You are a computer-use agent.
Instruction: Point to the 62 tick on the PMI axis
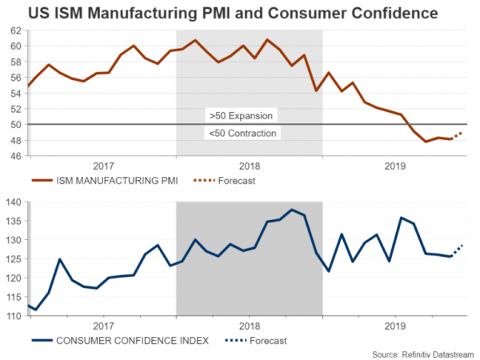click(16, 30)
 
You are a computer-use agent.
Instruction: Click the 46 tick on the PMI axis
click(16, 156)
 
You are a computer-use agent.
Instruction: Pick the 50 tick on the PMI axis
click(16, 125)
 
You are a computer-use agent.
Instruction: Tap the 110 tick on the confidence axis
click(14, 316)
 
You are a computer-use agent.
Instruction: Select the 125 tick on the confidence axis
click(14, 259)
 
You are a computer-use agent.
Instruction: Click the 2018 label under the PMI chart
click(250, 166)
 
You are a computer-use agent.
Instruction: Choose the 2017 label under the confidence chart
click(103, 326)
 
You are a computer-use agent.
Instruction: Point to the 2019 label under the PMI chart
click(395, 166)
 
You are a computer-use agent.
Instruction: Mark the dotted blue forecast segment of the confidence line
click(458, 250)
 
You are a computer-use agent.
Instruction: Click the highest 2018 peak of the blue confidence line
click(291, 210)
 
